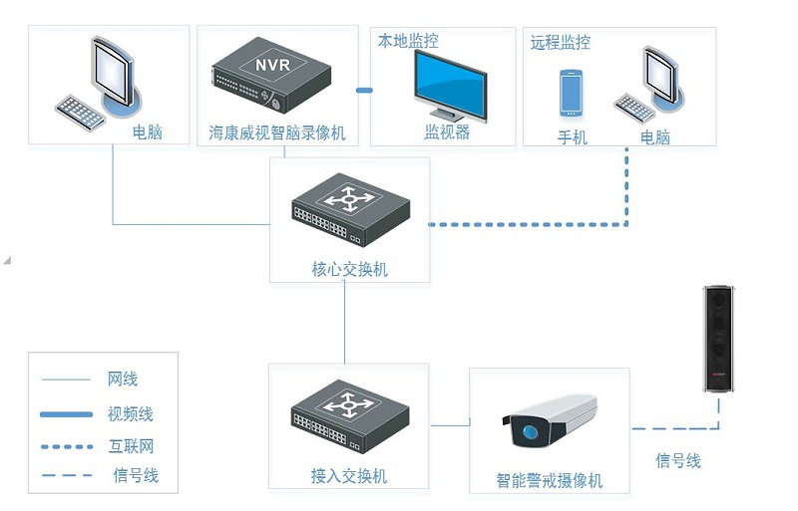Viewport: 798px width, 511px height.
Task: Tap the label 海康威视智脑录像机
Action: click(277, 132)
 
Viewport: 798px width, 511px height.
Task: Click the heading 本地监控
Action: click(407, 41)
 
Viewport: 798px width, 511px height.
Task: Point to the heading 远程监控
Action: click(561, 42)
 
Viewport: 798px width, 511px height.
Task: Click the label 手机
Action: click(573, 136)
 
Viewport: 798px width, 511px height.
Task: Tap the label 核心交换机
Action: click(349, 269)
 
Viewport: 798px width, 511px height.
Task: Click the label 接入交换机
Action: click(349, 476)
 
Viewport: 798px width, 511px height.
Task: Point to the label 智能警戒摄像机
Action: click(550, 481)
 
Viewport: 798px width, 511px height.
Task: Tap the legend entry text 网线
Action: click(123, 379)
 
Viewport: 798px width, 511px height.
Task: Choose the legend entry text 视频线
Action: click(130, 413)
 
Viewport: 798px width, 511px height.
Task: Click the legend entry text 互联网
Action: click(130, 446)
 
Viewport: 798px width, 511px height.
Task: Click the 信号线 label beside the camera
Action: click(678, 460)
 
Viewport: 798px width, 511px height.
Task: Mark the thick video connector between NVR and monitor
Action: click(364, 91)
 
